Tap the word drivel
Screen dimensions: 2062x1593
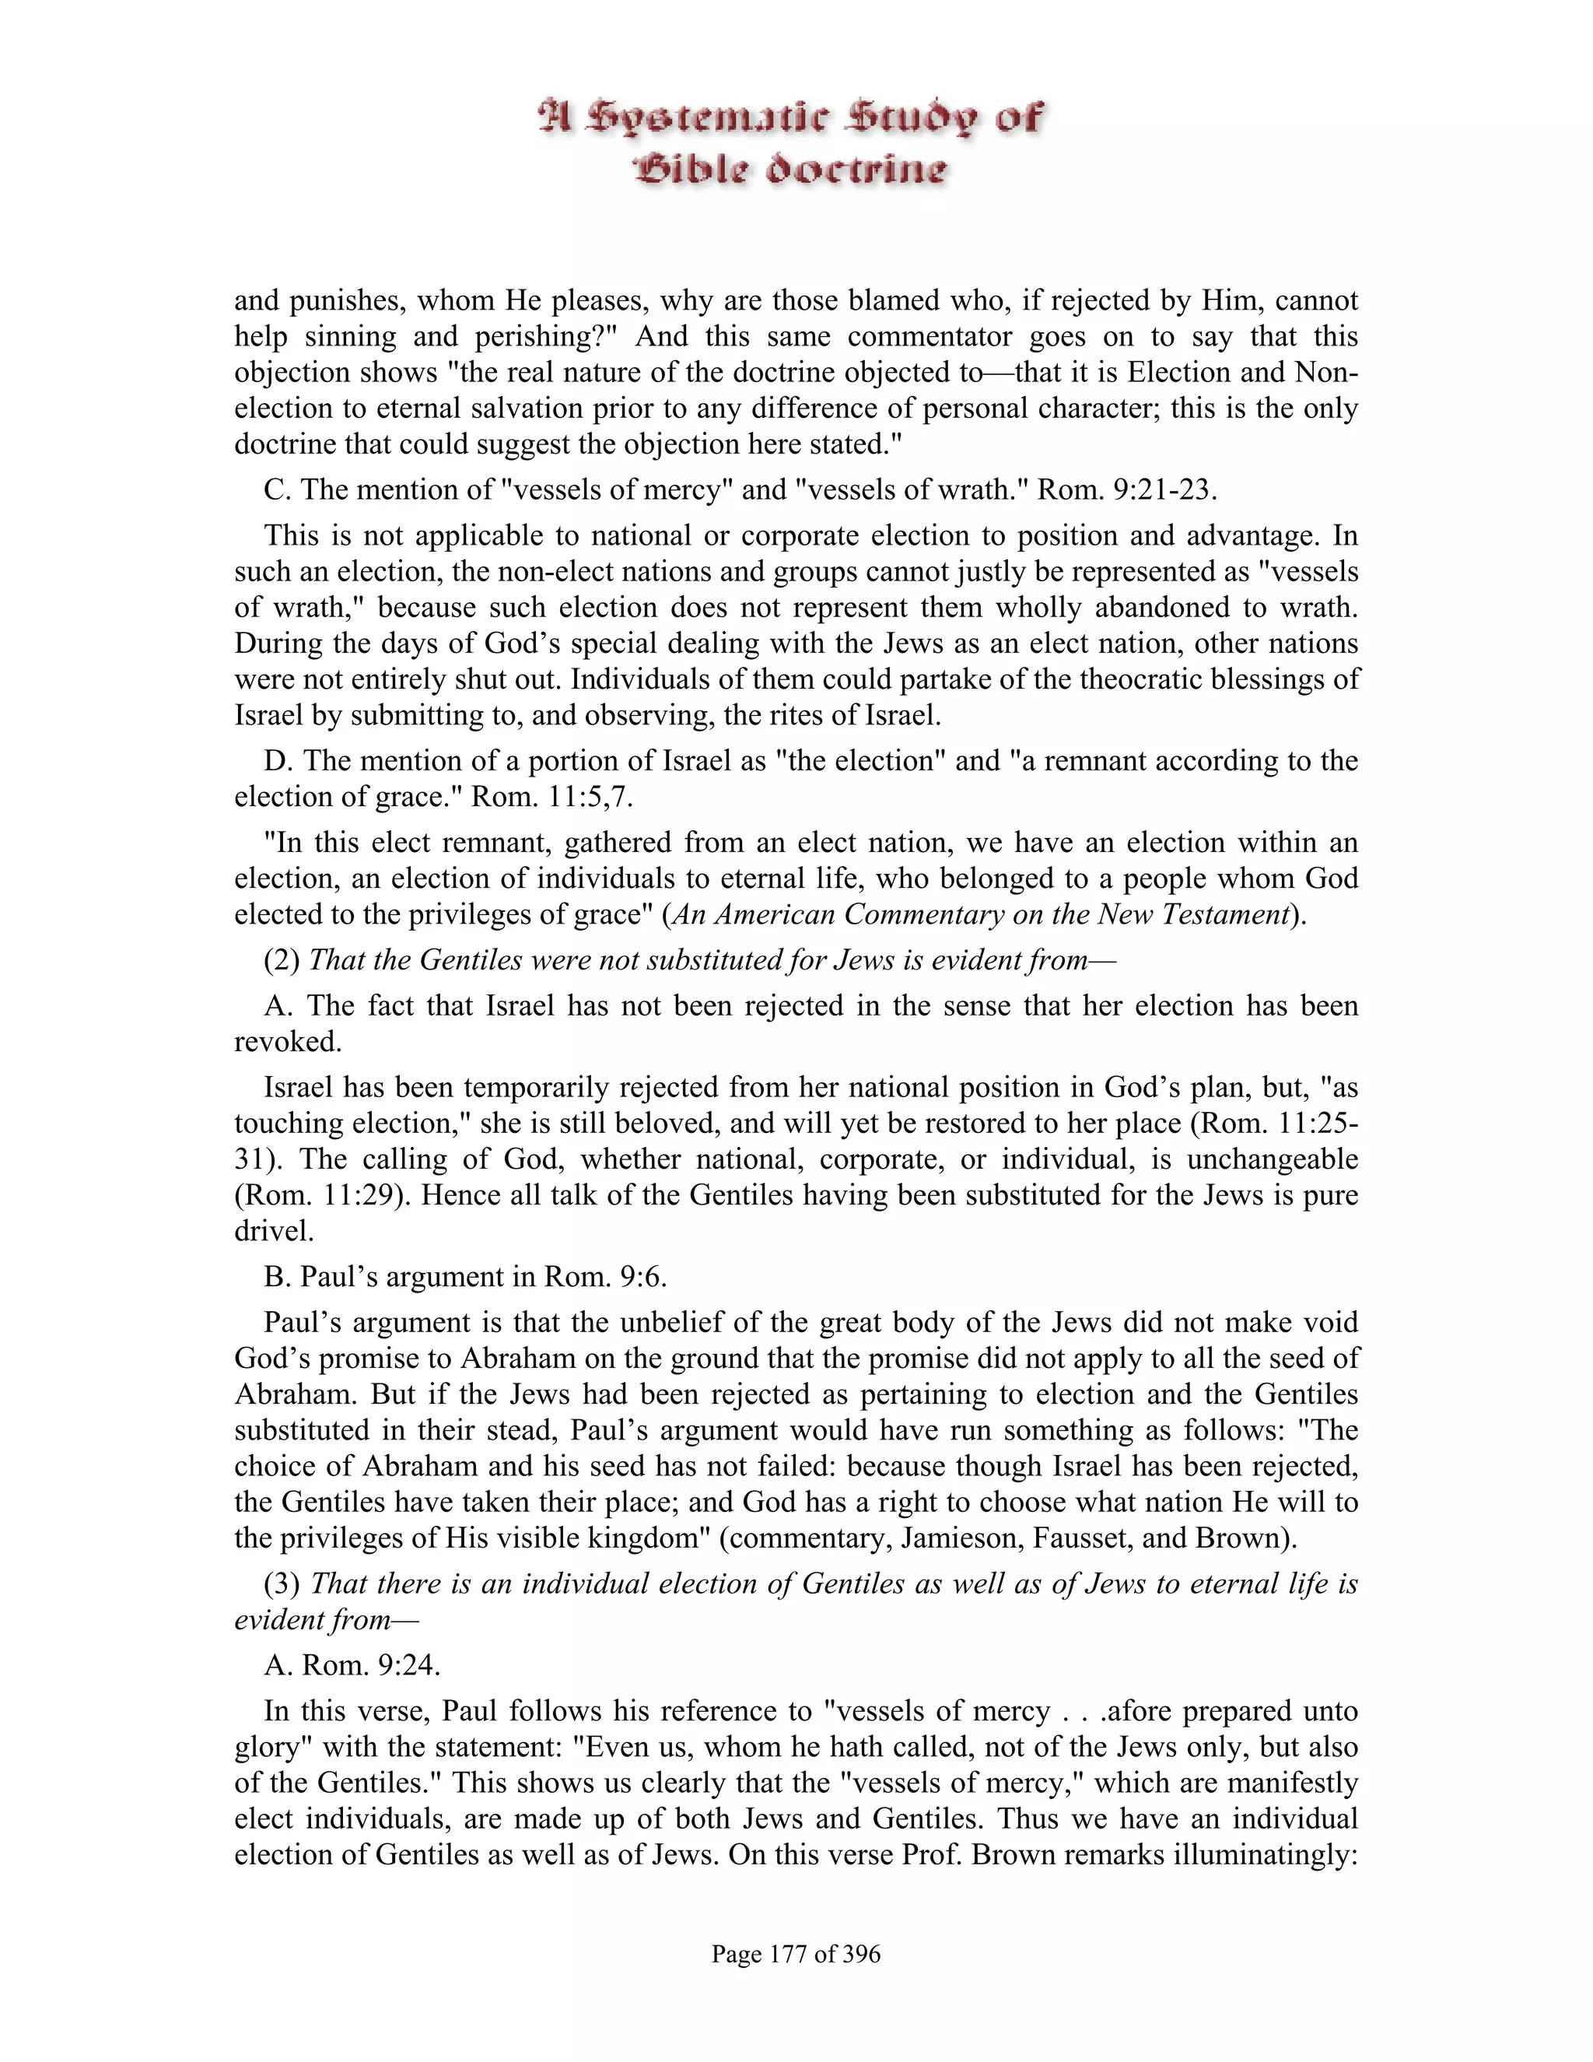point(273,1231)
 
